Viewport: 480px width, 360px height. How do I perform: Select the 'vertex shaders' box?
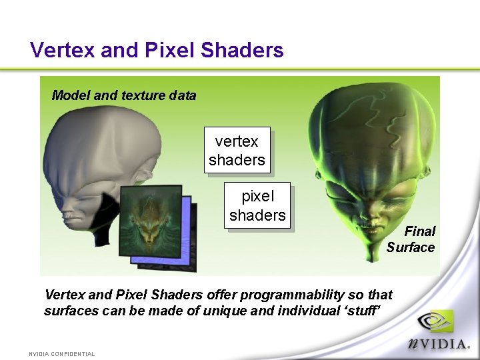[237, 151]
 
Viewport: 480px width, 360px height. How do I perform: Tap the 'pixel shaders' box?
[257, 206]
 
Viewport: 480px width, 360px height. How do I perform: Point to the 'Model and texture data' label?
[124, 95]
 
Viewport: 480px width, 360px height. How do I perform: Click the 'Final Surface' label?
[411, 239]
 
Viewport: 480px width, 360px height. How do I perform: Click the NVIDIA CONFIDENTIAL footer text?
[62, 354]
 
